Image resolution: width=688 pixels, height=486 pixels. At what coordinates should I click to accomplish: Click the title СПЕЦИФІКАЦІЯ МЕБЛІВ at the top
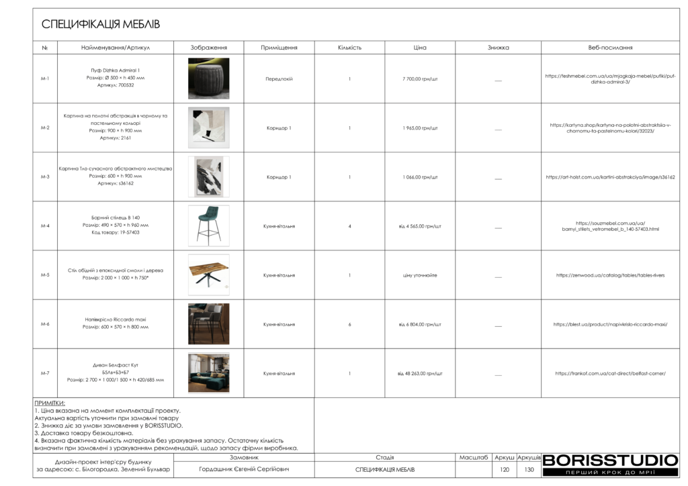pyautogui.click(x=101, y=25)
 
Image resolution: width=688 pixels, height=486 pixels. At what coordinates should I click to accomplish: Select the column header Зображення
pyautogui.click(x=208, y=48)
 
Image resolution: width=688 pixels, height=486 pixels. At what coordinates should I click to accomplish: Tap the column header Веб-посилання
pyautogui.click(x=610, y=48)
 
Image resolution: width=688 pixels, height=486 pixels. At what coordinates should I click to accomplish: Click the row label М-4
pyautogui.click(x=45, y=226)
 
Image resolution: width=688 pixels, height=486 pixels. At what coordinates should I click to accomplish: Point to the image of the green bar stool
pyautogui.click(x=208, y=226)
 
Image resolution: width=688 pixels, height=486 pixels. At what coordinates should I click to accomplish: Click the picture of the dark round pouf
pyautogui.click(x=208, y=79)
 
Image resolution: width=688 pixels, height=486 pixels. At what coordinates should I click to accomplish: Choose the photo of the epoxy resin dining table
pyautogui.click(x=208, y=275)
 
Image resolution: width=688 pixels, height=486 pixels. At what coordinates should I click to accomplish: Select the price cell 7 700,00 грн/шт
pyautogui.click(x=420, y=79)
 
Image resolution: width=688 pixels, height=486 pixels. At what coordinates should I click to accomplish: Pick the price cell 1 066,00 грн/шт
pyautogui.click(x=420, y=177)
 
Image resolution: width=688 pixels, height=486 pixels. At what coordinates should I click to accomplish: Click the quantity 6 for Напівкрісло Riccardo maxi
pyautogui.click(x=349, y=324)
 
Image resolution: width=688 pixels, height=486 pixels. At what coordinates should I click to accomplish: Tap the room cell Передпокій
pyautogui.click(x=279, y=79)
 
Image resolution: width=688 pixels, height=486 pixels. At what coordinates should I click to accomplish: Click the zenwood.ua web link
pyautogui.click(x=610, y=275)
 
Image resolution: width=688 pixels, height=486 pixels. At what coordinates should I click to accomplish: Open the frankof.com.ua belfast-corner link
pyautogui.click(x=610, y=373)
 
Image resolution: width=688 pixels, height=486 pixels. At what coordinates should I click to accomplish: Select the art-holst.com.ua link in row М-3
pyautogui.click(x=610, y=177)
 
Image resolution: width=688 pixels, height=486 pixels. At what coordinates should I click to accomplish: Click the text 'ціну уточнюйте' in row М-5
pyautogui.click(x=420, y=275)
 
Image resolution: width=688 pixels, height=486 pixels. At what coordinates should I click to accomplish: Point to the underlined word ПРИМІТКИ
pyautogui.click(x=50, y=403)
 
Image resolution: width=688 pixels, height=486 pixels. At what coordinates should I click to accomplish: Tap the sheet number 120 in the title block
pyautogui.click(x=505, y=469)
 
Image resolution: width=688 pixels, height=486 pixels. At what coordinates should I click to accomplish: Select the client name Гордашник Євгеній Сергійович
pyautogui.click(x=245, y=469)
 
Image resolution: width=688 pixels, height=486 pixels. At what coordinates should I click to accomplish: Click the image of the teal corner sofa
pyautogui.click(x=208, y=373)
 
